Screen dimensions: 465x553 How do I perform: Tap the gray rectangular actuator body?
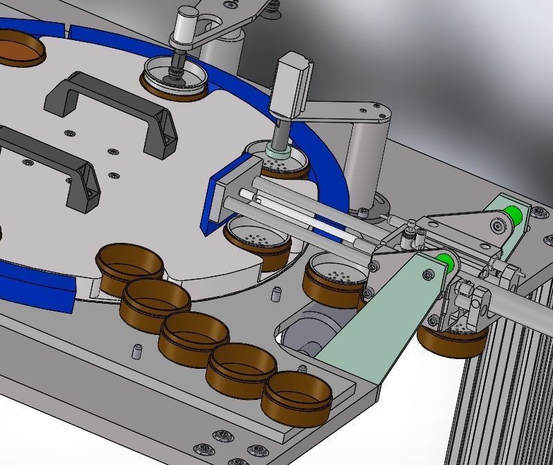289,87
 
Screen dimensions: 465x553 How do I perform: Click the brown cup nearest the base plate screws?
296,398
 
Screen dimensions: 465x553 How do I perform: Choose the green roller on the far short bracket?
513,215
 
